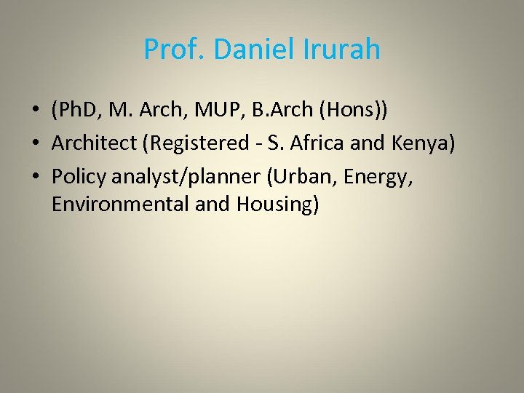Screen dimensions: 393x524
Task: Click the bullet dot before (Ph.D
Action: pos(34,112)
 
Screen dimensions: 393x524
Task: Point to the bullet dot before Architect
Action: pos(34,144)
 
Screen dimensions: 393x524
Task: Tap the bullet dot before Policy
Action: pos(34,175)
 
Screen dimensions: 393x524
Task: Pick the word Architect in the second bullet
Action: pos(95,143)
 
